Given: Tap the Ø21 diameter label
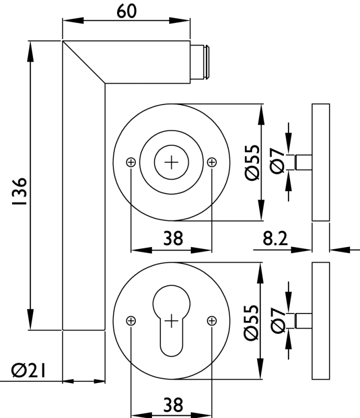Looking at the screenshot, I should pyautogui.click(x=28, y=371).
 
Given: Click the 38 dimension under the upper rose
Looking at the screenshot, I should pyautogui.click(x=173, y=239).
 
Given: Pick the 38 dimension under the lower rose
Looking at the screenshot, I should pyautogui.click(x=173, y=404).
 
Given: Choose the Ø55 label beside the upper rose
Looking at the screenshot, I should pyautogui.click(x=251, y=162).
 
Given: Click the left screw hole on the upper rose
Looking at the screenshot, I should pyautogui.click(x=131, y=162).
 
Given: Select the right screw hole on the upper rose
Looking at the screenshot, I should pyautogui.click(x=212, y=162).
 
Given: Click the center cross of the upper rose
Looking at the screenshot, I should pyautogui.click(x=171, y=162).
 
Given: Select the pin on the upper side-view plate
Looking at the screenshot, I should pyautogui.click(x=303, y=162).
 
